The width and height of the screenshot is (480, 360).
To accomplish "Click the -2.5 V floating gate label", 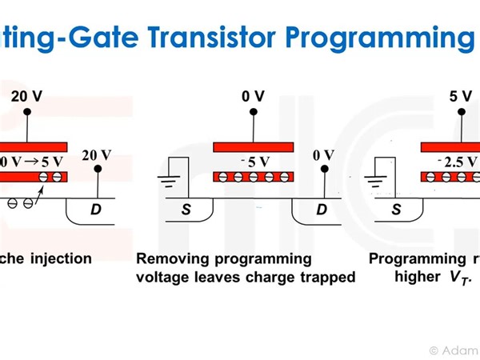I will click(457, 161).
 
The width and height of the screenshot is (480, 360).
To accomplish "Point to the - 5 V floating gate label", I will click(254, 161).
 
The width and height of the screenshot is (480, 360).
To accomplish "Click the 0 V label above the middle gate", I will click(253, 97).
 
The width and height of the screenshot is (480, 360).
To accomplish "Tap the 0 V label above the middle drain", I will click(322, 154).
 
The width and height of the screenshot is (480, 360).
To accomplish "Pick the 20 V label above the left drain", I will click(97, 154).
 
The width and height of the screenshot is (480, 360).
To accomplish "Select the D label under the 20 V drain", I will click(96, 210).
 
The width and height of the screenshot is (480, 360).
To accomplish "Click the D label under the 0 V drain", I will click(322, 210).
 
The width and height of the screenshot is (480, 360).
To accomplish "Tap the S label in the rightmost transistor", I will click(396, 210).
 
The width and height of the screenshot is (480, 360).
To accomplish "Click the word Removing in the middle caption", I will click(170, 259).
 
